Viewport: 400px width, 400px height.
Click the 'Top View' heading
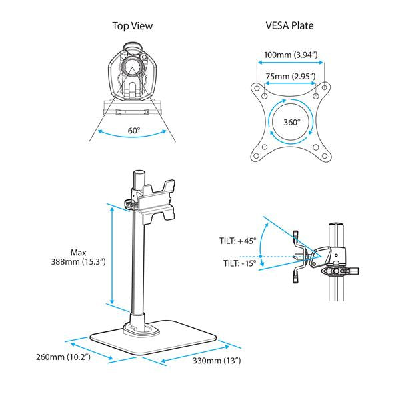133,27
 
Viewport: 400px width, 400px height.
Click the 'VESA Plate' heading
291,27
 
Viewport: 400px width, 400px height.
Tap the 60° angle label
134,131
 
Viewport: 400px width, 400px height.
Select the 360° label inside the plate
291,123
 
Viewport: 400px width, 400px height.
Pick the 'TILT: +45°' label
236,241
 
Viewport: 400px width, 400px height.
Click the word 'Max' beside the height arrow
78,253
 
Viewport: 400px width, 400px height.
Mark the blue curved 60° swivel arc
133,139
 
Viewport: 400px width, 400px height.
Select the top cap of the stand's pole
139,174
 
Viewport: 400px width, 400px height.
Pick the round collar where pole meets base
139,327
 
